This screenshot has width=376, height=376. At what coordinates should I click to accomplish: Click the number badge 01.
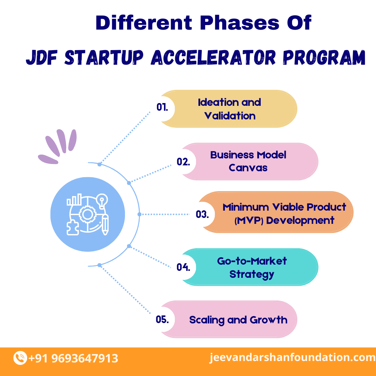point(162,108)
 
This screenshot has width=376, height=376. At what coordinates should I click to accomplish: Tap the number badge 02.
point(183,162)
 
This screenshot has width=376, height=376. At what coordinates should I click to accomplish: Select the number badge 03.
point(202,214)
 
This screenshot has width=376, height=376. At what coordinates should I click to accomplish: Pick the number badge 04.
point(183,267)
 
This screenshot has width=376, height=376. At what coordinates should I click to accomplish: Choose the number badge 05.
point(162,319)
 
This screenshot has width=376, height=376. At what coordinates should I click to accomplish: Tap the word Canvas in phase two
point(248,168)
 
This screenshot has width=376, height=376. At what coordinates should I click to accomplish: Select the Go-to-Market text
point(252,261)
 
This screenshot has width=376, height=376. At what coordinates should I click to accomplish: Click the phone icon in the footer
point(20,358)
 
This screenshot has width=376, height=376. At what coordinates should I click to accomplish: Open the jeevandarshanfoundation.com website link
point(292,358)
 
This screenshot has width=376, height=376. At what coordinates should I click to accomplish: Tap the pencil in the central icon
point(104,225)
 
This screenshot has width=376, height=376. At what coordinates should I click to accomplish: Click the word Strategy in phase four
point(252,274)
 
